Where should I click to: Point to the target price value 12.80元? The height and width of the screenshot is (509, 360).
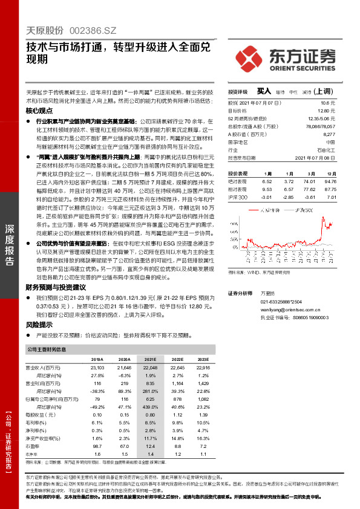coord(327,111)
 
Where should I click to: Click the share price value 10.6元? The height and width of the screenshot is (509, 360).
coord(329,103)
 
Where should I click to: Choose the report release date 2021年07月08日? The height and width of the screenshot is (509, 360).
coord(318,157)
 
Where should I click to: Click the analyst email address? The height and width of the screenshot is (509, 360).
coord(283,309)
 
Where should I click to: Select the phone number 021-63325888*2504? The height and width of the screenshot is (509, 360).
coord(281,302)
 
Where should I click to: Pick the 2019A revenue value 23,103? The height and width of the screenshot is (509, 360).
coord(96,368)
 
